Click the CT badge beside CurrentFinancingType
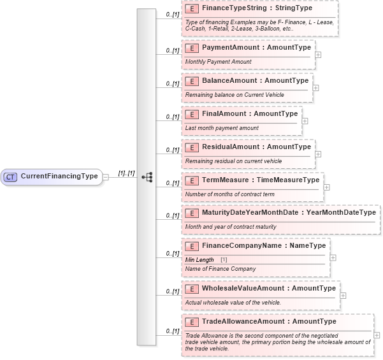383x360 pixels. pyautogui.click(x=10, y=176)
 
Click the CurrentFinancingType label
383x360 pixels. pyautogui.click(x=59, y=176)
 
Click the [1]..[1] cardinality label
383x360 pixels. pyautogui.click(x=126, y=173)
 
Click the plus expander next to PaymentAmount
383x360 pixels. pyautogui.click(x=318, y=54)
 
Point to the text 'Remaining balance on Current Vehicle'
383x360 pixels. pyautogui.click(x=235, y=95)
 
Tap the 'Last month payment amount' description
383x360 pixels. pyautogui.click(x=222, y=128)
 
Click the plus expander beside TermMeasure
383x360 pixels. pyautogui.click(x=327, y=187)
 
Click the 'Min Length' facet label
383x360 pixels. pyautogui.click(x=199, y=260)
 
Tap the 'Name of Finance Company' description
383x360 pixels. pyautogui.click(x=220, y=270)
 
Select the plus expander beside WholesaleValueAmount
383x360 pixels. pyautogui.click(x=343, y=295)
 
